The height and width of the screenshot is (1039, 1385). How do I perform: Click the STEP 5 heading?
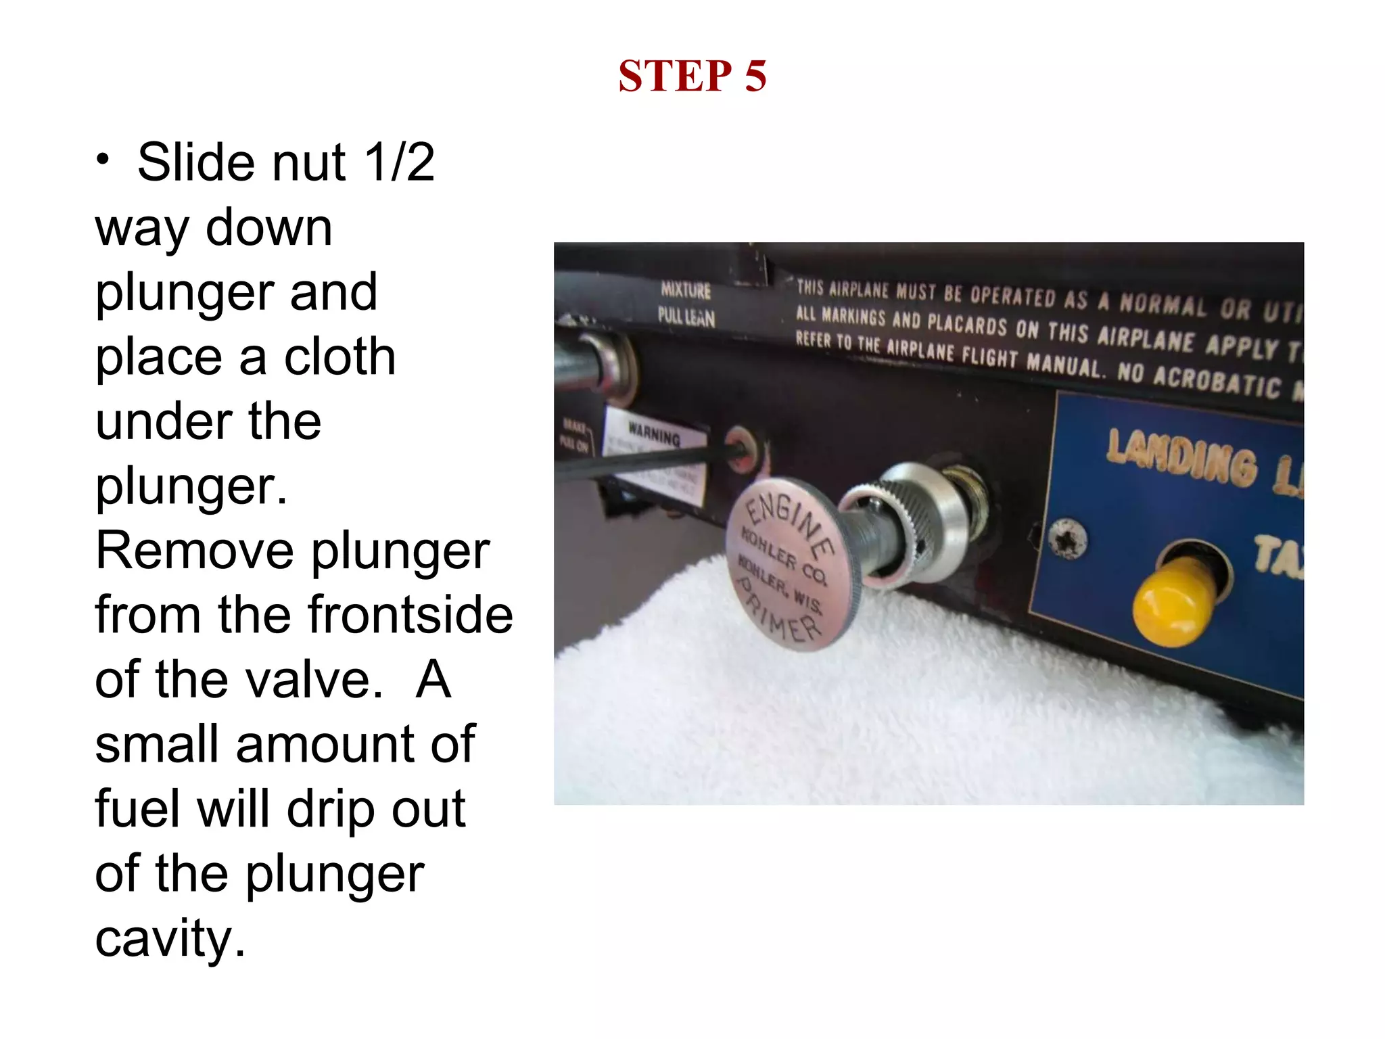pyautogui.click(x=692, y=76)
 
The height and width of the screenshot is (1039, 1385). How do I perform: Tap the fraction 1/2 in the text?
pyautogui.click(x=399, y=163)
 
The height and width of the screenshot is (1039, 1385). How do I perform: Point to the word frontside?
pyautogui.click(x=410, y=615)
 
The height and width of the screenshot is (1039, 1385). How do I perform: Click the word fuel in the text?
pyautogui.click(x=140, y=809)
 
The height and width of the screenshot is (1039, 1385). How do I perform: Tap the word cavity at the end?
pyautogui.click(x=170, y=939)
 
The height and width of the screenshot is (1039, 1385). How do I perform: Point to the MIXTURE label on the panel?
pyautogui.click(x=686, y=290)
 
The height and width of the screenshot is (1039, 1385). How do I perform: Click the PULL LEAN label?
pyautogui.click(x=686, y=317)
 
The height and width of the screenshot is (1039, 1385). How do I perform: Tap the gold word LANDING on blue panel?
pyautogui.click(x=1182, y=456)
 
